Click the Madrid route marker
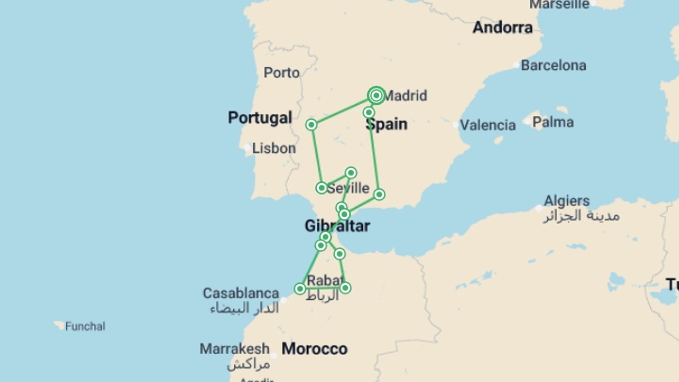click(x=376, y=95)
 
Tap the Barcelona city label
click(x=553, y=65)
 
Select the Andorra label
click(x=503, y=28)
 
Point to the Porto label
click(x=282, y=73)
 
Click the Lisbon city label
click(x=274, y=148)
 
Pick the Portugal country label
click(x=260, y=117)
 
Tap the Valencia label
click(x=488, y=125)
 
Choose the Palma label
click(x=553, y=122)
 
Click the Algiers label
click(x=567, y=201)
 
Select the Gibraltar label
click(x=337, y=226)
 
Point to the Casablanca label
click(x=241, y=293)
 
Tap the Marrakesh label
click(x=234, y=349)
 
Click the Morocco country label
click(x=314, y=349)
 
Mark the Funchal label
click(x=85, y=326)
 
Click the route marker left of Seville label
click(x=321, y=187)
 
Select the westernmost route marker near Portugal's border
click(x=311, y=125)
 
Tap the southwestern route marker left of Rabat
click(x=300, y=289)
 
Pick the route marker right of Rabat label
click(x=345, y=288)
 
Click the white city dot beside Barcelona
click(x=516, y=65)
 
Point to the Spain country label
click(x=387, y=124)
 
